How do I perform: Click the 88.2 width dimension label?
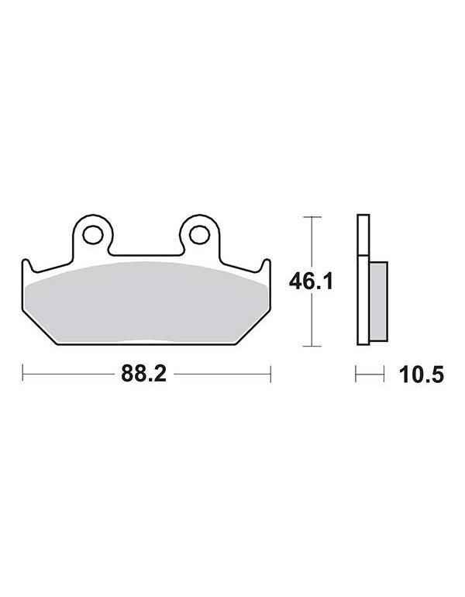(144, 374)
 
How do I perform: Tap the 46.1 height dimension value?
(311, 281)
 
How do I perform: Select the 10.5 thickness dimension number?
(422, 374)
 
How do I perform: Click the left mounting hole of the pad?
(92, 234)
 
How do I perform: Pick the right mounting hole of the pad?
(199, 234)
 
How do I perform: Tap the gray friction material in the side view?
(379, 302)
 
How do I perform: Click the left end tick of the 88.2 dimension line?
(22, 374)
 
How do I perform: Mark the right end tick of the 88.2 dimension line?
(270, 374)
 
